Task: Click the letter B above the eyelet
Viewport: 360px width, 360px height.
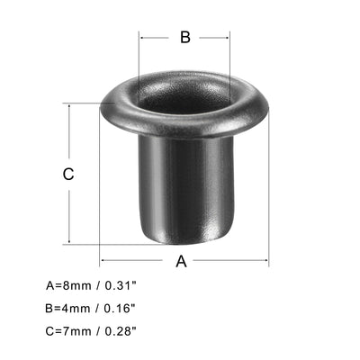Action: tap(184, 37)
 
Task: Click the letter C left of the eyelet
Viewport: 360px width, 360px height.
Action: tap(67, 175)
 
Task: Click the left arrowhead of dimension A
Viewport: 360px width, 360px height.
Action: tap(103, 261)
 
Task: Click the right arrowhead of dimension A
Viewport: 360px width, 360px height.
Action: tap(265, 261)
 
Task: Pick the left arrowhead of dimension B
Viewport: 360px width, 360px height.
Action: tap(141, 37)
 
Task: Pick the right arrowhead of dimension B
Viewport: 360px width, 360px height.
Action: tap(229, 37)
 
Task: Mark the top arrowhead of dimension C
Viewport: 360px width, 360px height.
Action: tap(67, 106)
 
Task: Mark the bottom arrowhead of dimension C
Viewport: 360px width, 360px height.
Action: tap(67, 241)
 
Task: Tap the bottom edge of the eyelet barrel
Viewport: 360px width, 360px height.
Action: tap(184, 243)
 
